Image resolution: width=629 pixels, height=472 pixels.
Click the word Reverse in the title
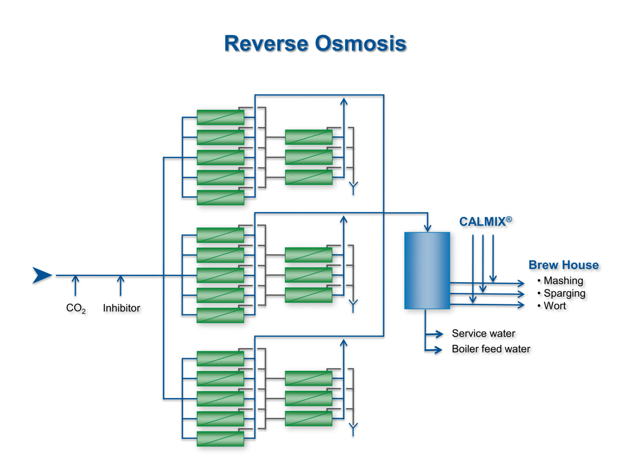266,44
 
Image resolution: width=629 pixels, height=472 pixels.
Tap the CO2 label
76,308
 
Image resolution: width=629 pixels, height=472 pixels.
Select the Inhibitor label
121,308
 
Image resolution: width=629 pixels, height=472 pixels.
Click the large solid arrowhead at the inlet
42,275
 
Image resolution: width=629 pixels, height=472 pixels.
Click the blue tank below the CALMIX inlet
427,271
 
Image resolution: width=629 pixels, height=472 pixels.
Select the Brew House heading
563,265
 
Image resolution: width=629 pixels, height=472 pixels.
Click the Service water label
483,333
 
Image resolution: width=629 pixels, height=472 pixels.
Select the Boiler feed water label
491,349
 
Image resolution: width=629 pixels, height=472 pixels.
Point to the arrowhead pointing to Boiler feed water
438,349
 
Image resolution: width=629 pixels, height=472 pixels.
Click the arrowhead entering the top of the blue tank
427,228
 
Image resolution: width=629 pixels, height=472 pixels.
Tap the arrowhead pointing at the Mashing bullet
521,283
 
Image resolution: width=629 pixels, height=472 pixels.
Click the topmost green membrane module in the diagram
220,117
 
